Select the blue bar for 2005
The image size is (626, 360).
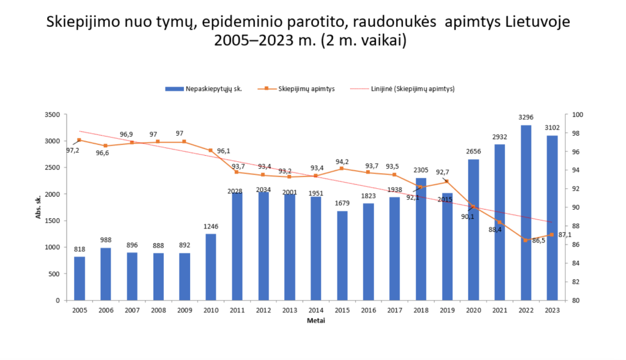click(79, 278)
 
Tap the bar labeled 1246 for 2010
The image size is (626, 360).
click(211, 266)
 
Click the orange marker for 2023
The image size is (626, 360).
click(551, 235)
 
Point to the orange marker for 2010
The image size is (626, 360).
click(211, 150)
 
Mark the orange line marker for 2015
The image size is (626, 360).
click(342, 168)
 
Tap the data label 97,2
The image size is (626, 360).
click(72, 150)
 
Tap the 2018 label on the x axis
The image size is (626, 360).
click(421, 310)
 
